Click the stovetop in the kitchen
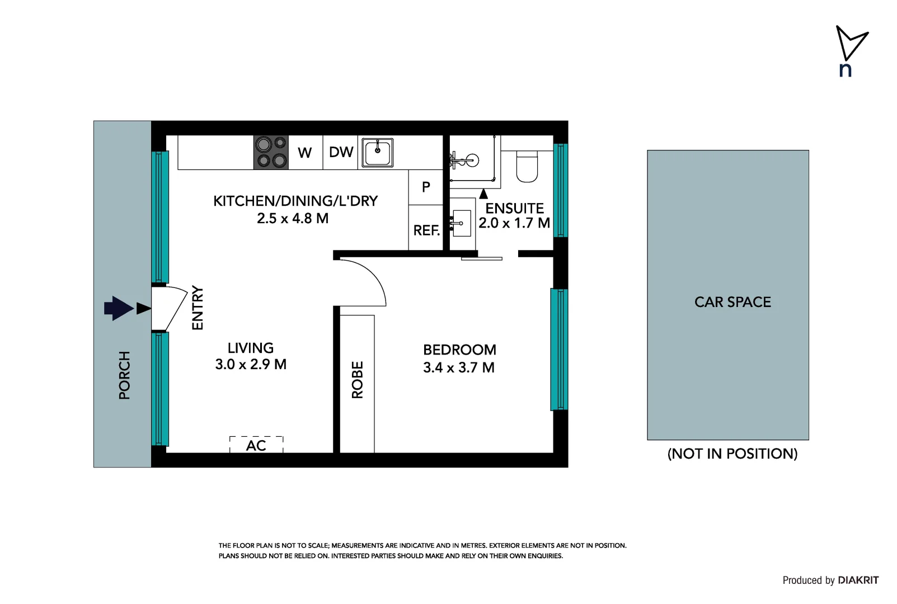[x=271, y=152]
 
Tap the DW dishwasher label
[x=341, y=152]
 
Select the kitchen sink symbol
[x=378, y=153]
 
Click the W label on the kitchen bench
[x=304, y=153]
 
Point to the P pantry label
[x=426, y=187]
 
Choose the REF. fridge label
[x=426, y=230]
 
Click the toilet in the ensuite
[x=527, y=166]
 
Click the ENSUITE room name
[x=514, y=209]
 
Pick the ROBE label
[x=358, y=380]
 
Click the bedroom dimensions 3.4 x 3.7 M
[x=459, y=368]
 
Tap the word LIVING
[x=251, y=348]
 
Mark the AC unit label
[x=256, y=446]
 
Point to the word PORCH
[x=124, y=375]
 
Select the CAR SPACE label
[x=732, y=302]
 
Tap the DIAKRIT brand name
[x=858, y=581]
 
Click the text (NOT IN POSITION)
[x=732, y=454]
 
